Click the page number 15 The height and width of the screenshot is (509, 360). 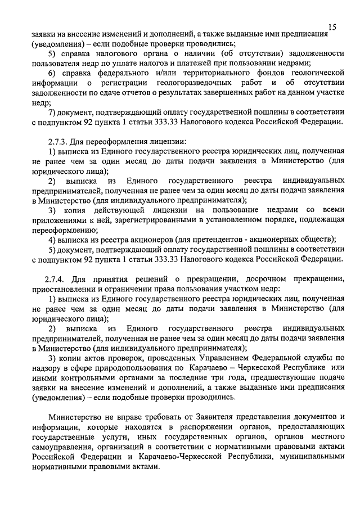[x=332, y=27]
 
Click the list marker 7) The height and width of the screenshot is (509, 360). [x=53, y=112]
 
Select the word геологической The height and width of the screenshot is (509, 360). [x=317, y=73]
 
